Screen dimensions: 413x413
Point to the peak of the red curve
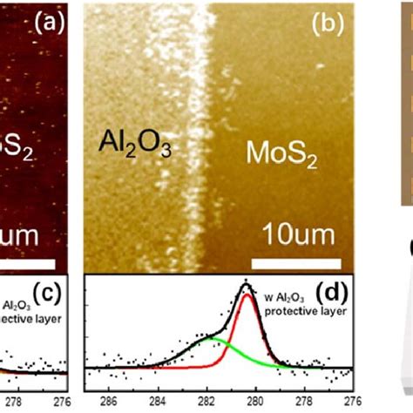tap(247, 296)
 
